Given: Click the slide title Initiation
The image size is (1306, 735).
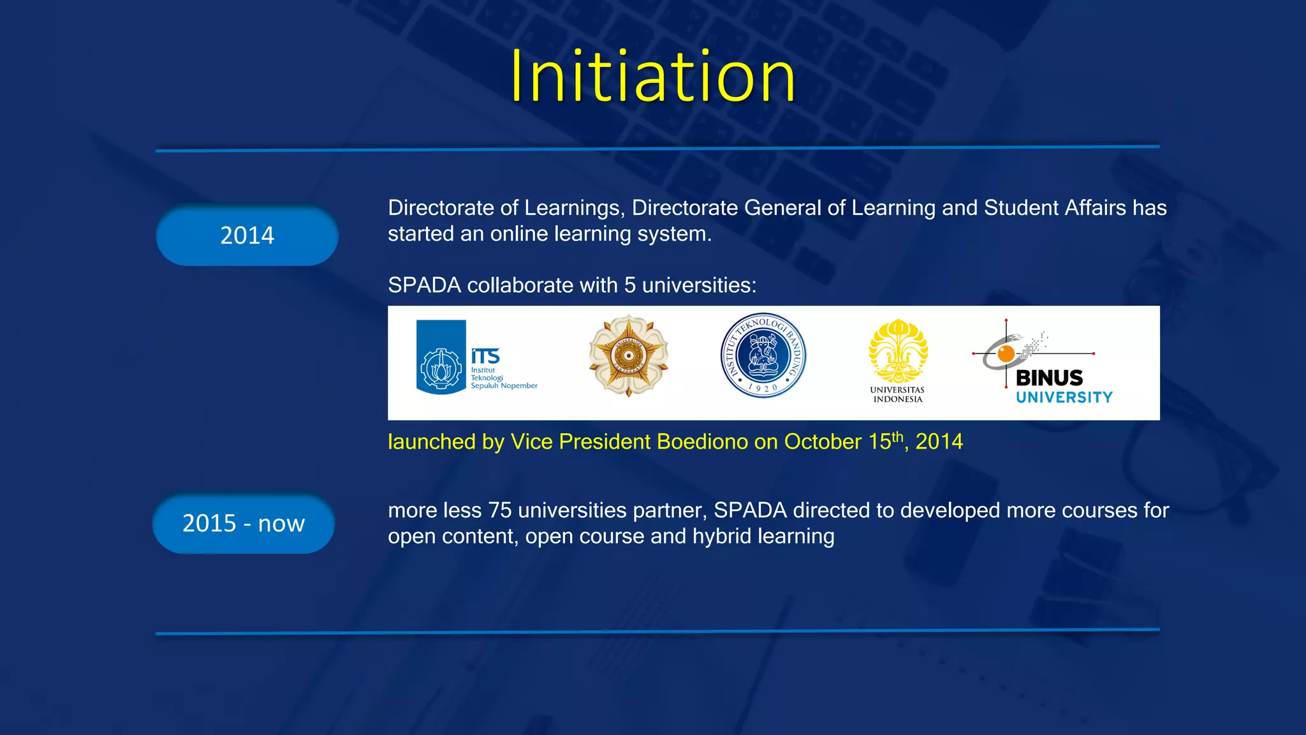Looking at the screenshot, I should pyautogui.click(x=653, y=77).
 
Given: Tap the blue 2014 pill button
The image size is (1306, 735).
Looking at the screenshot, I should pyautogui.click(x=247, y=235).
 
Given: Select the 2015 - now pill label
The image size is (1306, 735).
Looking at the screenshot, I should pyautogui.click(x=244, y=523).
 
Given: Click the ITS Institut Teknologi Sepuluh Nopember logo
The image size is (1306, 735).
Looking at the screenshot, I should pyautogui.click(x=476, y=357).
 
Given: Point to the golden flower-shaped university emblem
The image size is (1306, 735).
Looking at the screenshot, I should pyautogui.click(x=628, y=355).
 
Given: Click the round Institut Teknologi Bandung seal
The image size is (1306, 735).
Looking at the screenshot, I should pyautogui.click(x=763, y=355).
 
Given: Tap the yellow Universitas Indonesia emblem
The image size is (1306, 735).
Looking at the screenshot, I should pyautogui.click(x=898, y=352).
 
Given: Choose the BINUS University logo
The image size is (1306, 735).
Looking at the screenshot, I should pyautogui.click(x=1046, y=364).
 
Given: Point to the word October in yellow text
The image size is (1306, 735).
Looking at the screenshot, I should pyautogui.click(x=823, y=442).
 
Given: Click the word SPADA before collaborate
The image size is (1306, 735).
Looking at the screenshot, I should pyautogui.click(x=424, y=285).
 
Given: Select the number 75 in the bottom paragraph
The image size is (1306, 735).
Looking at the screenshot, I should pyautogui.click(x=500, y=510).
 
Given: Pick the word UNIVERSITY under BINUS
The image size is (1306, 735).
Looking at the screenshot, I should pyautogui.click(x=1064, y=397).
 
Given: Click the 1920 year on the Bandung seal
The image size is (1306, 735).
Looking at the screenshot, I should pyautogui.click(x=763, y=387).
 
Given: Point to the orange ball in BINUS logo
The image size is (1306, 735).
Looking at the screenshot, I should pyautogui.click(x=1006, y=353).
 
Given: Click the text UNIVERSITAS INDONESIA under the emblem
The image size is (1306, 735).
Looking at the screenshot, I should pyautogui.click(x=897, y=394).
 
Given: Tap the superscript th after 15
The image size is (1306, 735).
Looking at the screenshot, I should pyautogui.click(x=897, y=436).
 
